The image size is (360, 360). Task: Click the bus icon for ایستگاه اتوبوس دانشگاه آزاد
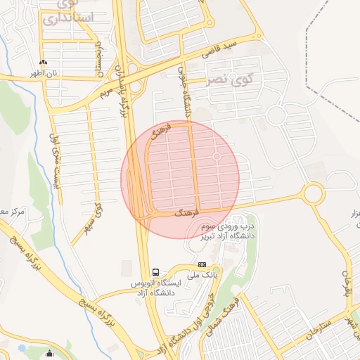tap(155, 272)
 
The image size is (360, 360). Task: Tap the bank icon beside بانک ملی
tap(202, 265)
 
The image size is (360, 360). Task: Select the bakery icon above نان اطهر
tap(44, 63)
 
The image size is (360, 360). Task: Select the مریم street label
tap(106, 90)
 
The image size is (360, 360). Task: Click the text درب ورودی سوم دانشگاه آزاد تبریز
tap(225, 231)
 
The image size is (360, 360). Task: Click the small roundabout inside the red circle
tap(217, 156)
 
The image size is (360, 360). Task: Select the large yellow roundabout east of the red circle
tap(312, 192)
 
